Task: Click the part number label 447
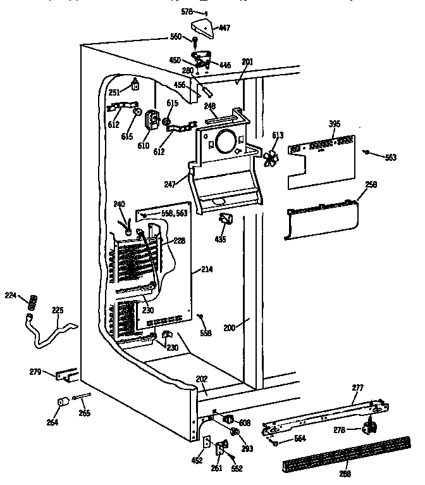(x=225, y=27)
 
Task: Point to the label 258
(x=371, y=184)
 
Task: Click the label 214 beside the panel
(x=206, y=270)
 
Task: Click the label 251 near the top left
(x=114, y=92)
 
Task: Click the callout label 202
(x=201, y=380)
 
